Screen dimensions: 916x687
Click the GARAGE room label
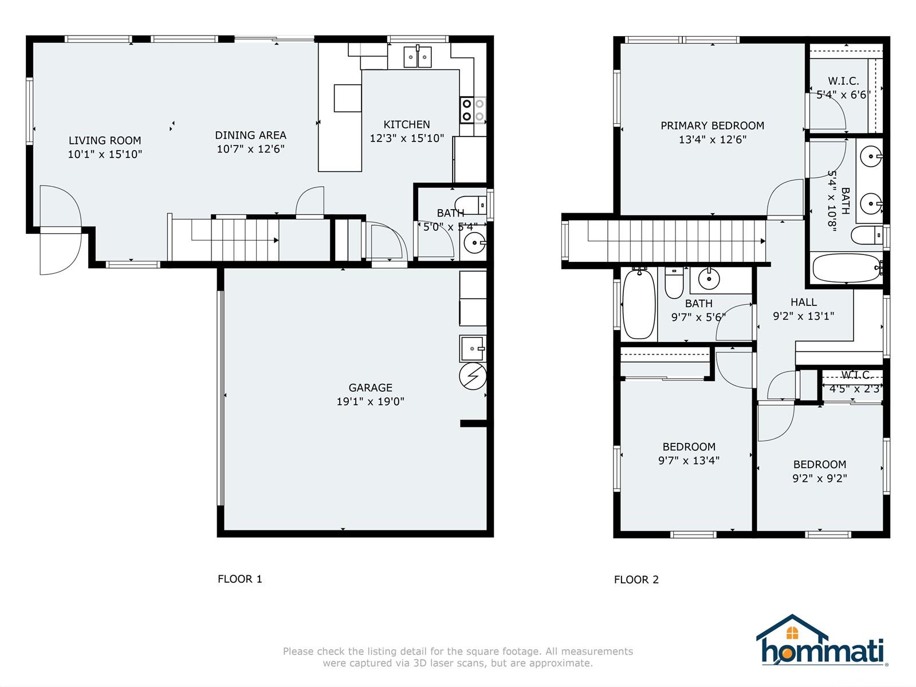[370, 388]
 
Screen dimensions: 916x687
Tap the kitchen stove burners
[473, 110]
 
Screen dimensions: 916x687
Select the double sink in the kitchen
[417, 57]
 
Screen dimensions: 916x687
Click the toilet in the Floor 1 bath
[471, 205]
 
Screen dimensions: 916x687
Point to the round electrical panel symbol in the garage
[473, 376]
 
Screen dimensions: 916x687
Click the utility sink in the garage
[473, 348]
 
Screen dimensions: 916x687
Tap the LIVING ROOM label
[105, 140]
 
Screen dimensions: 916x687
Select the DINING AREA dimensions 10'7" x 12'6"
[250, 149]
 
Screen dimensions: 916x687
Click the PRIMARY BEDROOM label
[712, 125]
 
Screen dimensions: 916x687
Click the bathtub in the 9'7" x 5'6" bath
[638, 304]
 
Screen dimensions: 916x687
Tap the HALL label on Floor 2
[803, 302]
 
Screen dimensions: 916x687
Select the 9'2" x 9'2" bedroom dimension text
[820, 478]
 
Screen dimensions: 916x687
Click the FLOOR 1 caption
[240, 579]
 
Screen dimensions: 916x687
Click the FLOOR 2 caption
[636, 579]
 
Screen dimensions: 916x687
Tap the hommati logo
[822, 640]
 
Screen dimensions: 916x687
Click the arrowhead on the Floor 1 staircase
[276, 241]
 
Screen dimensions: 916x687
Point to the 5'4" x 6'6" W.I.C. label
[843, 88]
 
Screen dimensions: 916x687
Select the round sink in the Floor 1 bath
[474, 242]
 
